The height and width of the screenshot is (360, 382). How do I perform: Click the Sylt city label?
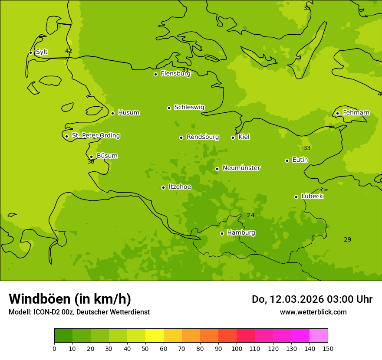(x=42, y=52)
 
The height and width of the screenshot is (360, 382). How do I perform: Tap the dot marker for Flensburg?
(x=155, y=74)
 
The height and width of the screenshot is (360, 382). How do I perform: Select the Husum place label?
(x=128, y=113)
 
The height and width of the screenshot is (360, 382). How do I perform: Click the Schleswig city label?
(x=189, y=107)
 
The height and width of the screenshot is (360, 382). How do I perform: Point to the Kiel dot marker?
(x=233, y=137)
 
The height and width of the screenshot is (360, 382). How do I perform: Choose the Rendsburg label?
(x=203, y=137)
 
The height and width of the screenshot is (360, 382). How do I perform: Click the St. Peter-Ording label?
(x=95, y=136)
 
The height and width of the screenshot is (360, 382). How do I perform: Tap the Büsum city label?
(x=107, y=156)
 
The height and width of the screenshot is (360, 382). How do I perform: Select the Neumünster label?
(x=241, y=168)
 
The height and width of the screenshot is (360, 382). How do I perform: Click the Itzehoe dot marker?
(x=163, y=187)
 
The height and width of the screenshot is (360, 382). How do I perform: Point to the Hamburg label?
(x=241, y=233)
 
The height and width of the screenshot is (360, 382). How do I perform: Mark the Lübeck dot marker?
(x=296, y=197)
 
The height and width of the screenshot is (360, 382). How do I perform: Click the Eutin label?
(x=300, y=160)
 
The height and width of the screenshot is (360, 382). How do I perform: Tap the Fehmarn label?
(x=356, y=113)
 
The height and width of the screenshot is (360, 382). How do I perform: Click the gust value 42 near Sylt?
(x=69, y=51)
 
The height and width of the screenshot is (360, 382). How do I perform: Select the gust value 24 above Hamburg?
(x=251, y=215)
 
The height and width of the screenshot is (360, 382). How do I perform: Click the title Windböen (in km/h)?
(x=70, y=299)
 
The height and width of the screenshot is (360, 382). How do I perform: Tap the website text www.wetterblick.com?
(x=313, y=312)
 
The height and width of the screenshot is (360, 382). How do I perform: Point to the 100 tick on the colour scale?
(x=237, y=348)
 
